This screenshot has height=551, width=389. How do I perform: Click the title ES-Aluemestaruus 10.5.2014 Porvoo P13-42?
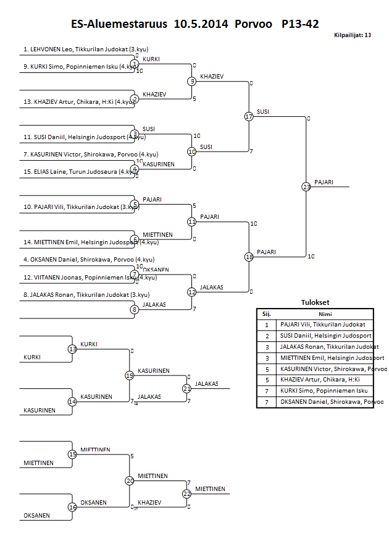click(x=195, y=25)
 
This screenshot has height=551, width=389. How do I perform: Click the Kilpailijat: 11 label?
click(x=352, y=36)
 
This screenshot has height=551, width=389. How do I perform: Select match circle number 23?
click(x=306, y=186)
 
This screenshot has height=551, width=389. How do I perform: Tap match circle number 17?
click(x=249, y=116)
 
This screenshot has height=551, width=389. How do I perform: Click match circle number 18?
click(x=249, y=257)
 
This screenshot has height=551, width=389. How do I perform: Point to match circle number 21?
click(x=187, y=388)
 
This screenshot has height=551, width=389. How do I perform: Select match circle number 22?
click(x=187, y=493)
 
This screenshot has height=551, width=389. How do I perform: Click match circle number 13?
click(x=72, y=349)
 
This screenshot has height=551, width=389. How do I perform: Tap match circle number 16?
click(x=72, y=507)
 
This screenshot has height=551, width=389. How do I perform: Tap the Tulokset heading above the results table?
click(x=315, y=303)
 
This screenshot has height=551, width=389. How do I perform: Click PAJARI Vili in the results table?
click(x=322, y=324)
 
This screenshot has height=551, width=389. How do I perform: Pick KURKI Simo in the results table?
click(x=322, y=391)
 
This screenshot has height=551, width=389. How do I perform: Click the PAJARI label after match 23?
click(x=324, y=182)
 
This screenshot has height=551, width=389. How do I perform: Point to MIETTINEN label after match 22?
click(x=209, y=489)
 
